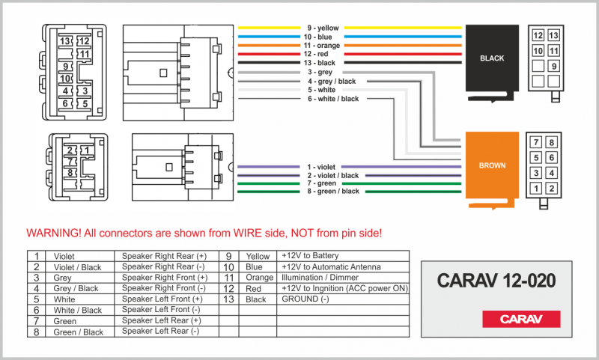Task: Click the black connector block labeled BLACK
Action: [492, 58]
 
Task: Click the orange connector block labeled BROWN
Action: [492, 165]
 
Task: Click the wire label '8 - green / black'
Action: [333, 192]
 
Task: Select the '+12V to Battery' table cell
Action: [310, 256]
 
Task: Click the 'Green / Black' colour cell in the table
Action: [79, 332]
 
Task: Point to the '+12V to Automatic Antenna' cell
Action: [330, 266]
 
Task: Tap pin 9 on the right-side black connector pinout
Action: [554, 66]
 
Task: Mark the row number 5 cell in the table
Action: [36, 299]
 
